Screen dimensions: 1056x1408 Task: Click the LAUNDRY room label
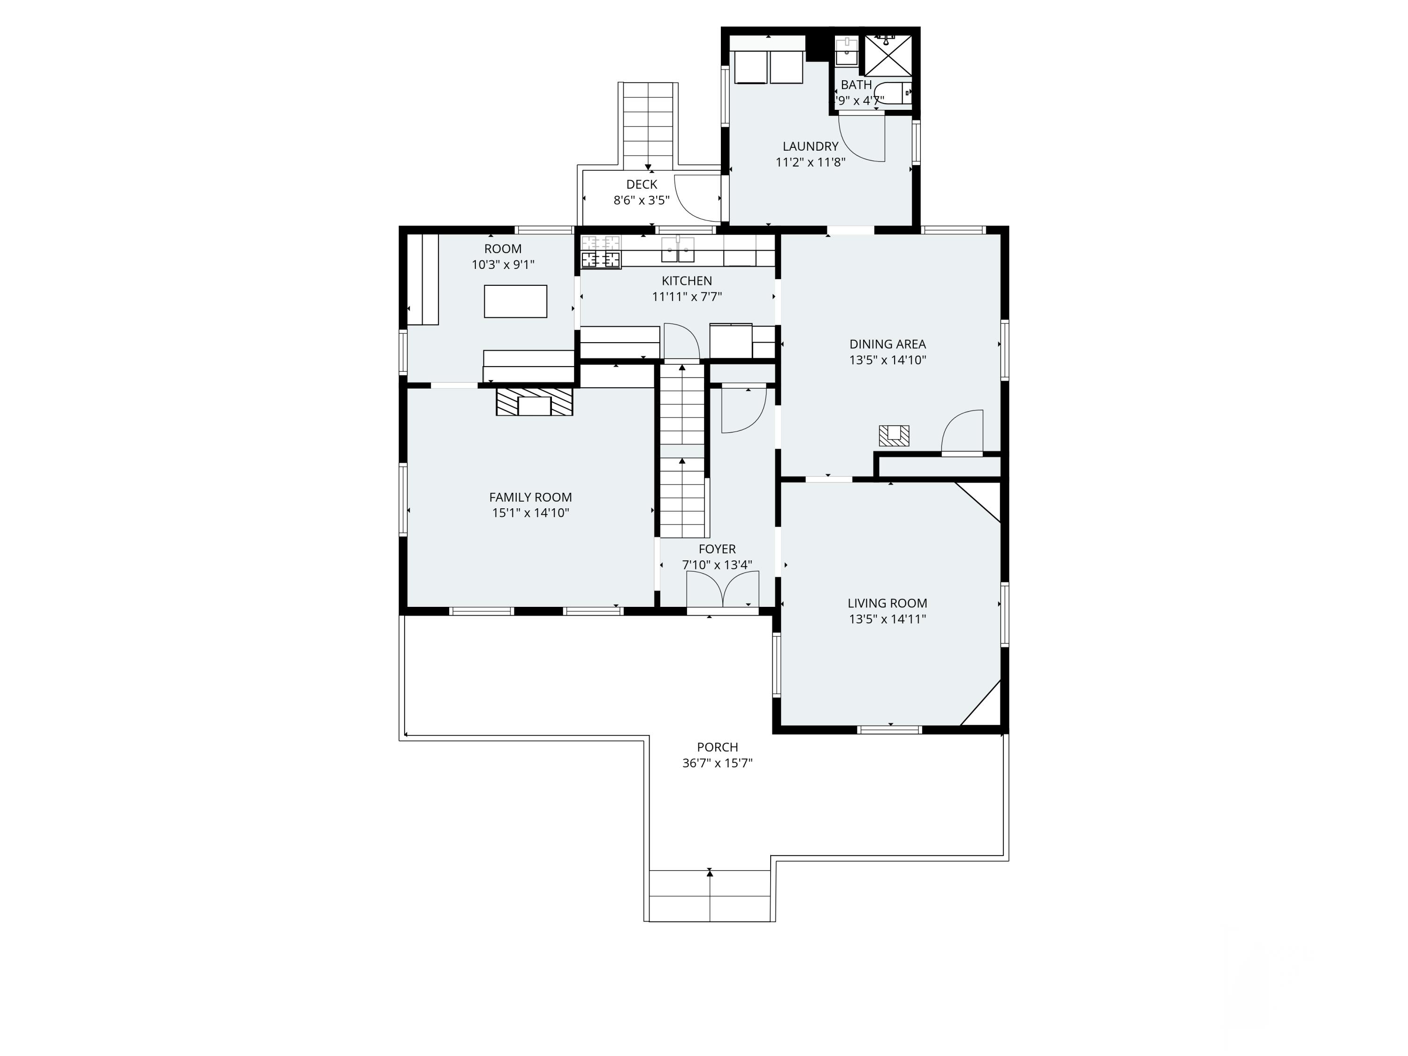[810, 146]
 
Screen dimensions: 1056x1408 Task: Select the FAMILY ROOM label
[530, 497]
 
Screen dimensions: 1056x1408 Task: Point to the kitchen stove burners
[601, 252]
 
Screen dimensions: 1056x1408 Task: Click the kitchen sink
[677, 250]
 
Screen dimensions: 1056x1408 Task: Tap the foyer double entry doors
[722, 590]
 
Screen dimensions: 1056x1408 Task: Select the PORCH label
[717, 747]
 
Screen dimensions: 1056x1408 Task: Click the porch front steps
[710, 896]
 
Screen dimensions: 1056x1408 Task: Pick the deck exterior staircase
[648, 124]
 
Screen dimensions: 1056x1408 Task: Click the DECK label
[642, 184]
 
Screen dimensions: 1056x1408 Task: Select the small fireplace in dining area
[894, 436]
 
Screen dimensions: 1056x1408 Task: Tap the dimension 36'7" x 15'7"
[717, 763]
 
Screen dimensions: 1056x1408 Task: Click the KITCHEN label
[687, 281]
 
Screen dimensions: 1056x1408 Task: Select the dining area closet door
[963, 433]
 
